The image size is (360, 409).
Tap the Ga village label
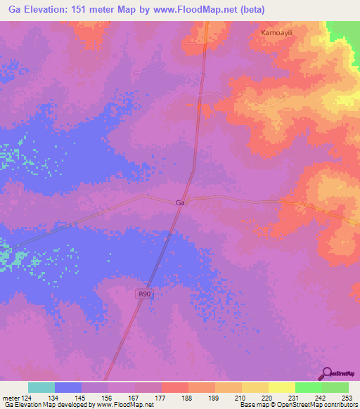pos(180,202)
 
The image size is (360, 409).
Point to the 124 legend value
pos(34,397)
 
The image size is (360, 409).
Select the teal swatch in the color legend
pos(41,387)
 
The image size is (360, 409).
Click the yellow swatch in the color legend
pos(281,387)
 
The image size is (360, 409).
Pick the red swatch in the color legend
pos(174,387)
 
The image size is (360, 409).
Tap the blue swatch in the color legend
pos(67,387)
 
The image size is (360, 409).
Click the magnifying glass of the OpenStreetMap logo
pos(326,373)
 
